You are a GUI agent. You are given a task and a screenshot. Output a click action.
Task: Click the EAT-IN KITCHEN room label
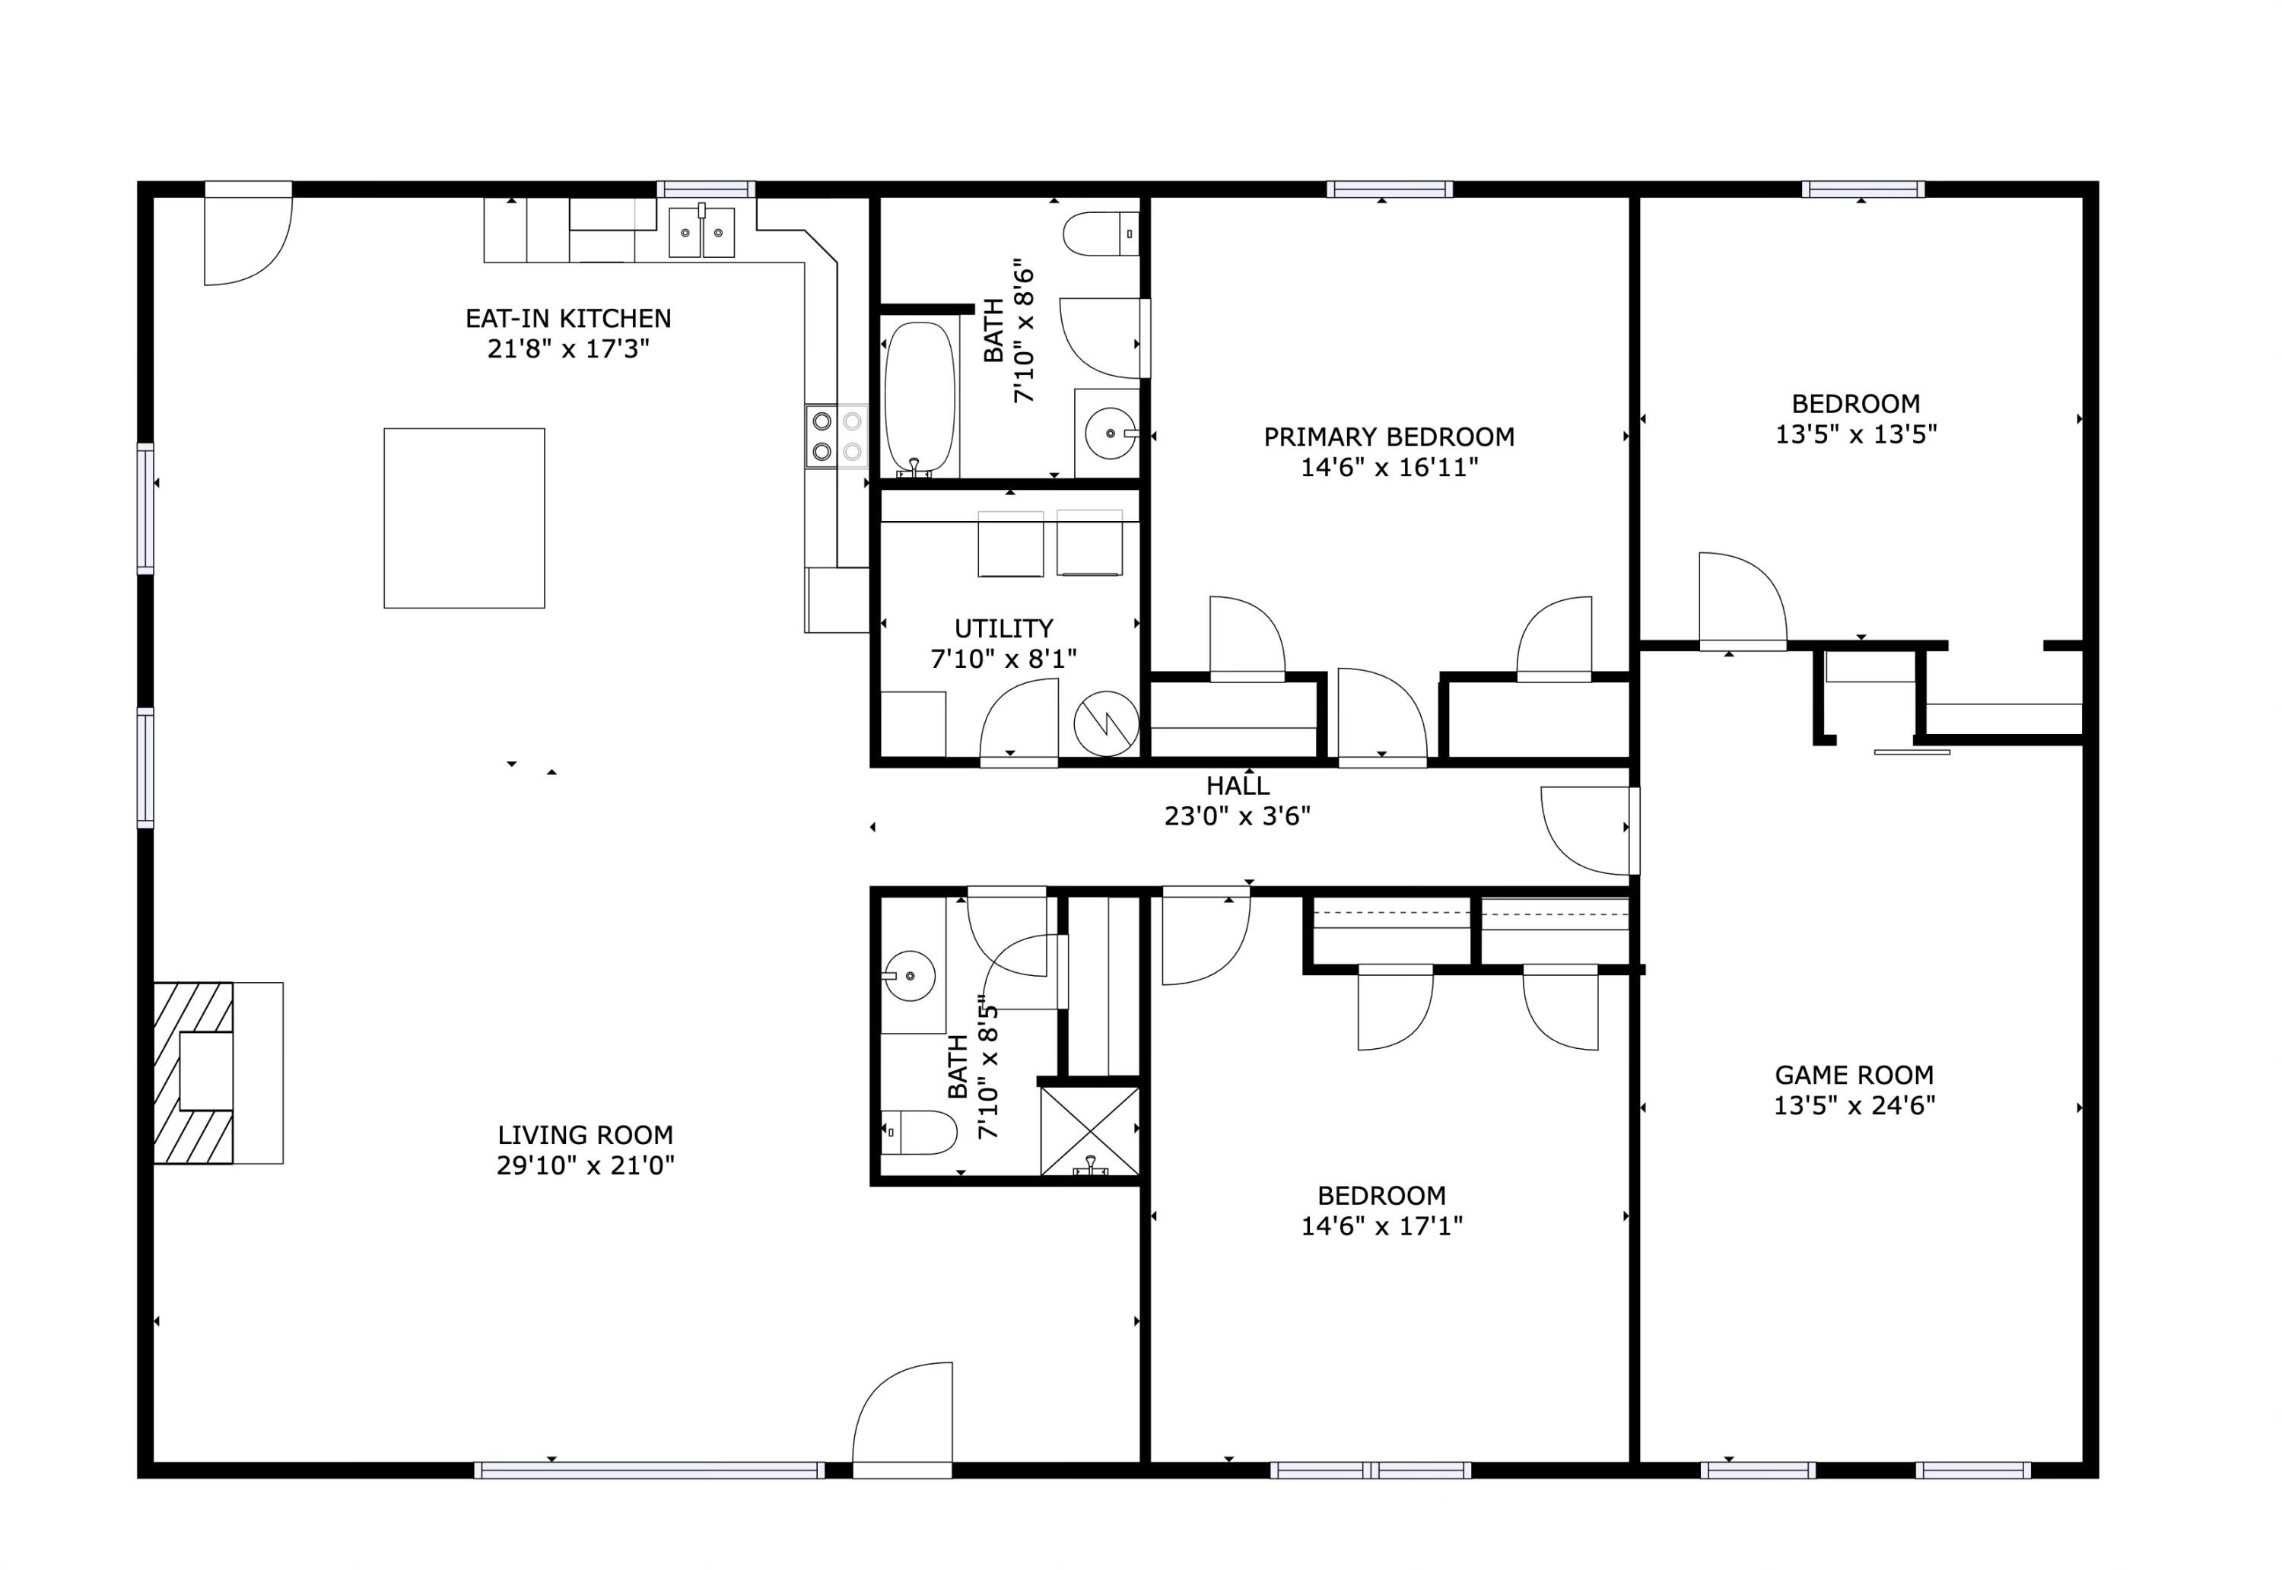pos(567,319)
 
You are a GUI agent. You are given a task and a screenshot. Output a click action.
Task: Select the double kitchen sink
pos(701,233)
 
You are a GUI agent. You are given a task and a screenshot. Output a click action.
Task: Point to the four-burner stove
pos(836,436)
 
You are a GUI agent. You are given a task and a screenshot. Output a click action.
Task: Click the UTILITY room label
pos(1003,628)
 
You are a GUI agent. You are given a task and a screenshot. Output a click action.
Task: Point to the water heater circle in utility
pos(1105,725)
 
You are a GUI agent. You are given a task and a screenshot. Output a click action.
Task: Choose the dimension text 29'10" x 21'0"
pos(585,1165)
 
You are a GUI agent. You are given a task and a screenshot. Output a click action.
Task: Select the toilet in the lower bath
pos(920,1133)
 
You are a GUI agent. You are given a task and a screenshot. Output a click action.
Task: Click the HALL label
pos(1238,786)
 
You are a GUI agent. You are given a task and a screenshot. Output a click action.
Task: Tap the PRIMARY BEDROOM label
pos(1388,437)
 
